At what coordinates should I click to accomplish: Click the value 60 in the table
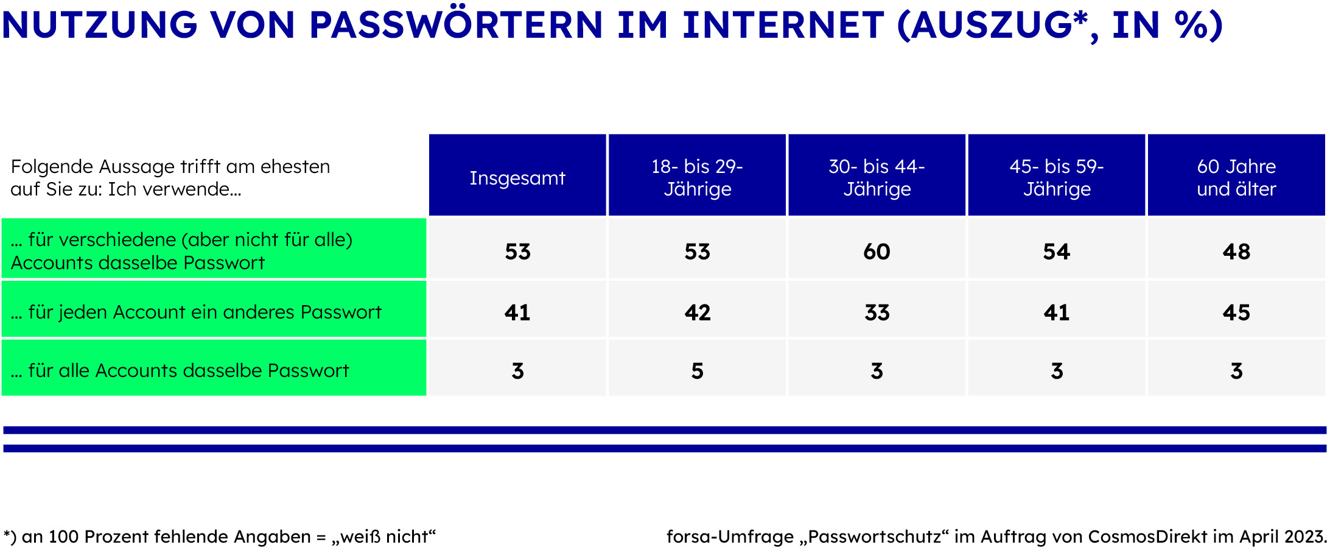pyautogui.click(x=877, y=252)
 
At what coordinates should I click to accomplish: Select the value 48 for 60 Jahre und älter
pyautogui.click(x=1236, y=252)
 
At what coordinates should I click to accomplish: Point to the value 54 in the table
pyautogui.click(x=1057, y=252)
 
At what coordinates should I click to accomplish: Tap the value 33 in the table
pyautogui.click(x=877, y=312)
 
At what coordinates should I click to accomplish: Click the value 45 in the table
pyautogui.click(x=1236, y=312)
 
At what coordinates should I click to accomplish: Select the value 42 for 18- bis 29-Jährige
pyautogui.click(x=698, y=312)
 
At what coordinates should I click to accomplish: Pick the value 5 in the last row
pyautogui.click(x=698, y=371)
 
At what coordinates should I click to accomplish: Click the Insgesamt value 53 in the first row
pyautogui.click(x=518, y=252)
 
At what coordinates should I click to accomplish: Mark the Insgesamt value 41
pyautogui.click(x=517, y=312)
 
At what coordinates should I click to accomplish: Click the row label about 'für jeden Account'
pyautogui.click(x=196, y=312)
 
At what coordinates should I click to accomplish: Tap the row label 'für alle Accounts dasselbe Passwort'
pyautogui.click(x=180, y=370)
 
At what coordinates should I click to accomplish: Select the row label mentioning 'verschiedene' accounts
pyautogui.click(x=181, y=251)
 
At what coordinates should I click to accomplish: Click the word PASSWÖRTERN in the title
pyautogui.click(x=456, y=25)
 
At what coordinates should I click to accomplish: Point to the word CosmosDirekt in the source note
pyautogui.click(x=1147, y=537)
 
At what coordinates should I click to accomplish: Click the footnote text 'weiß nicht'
pyautogui.click(x=385, y=537)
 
